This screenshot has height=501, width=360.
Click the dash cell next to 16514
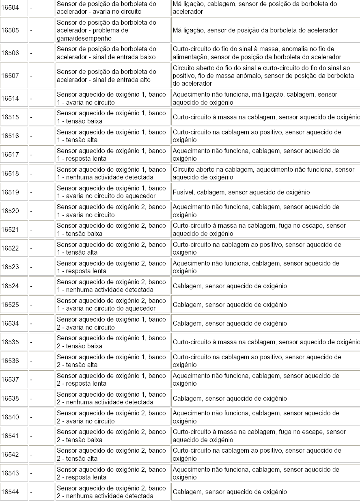(x=32, y=98)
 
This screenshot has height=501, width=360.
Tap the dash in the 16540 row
(x=32, y=417)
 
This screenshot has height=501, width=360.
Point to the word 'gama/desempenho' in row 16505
(x=82, y=38)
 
